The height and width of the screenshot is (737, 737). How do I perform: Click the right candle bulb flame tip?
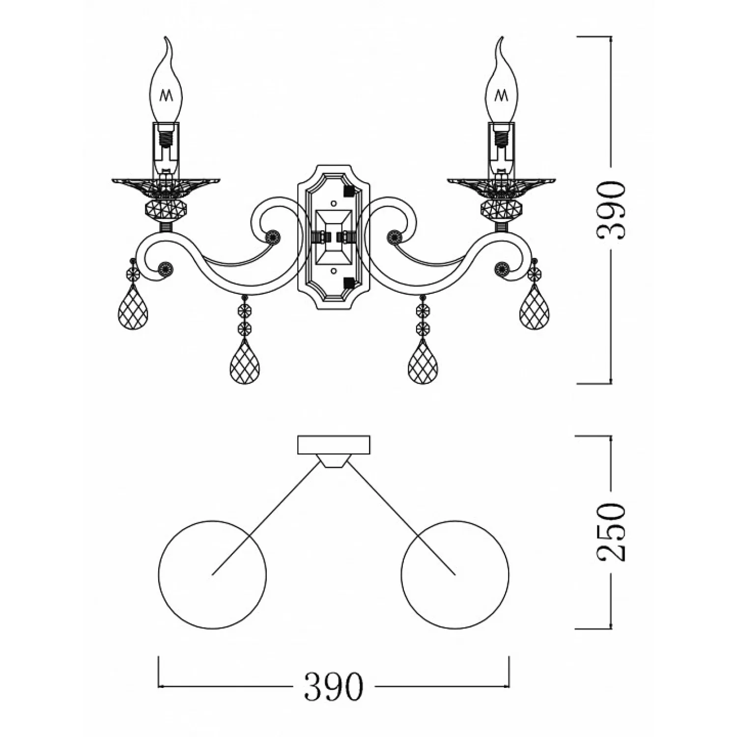[503, 37]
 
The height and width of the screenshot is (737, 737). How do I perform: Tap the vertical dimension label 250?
[611, 532]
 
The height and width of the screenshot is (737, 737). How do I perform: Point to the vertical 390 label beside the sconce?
[611, 210]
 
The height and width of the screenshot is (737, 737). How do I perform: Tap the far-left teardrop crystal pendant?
[133, 308]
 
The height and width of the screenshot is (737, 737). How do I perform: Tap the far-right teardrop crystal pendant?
[535, 308]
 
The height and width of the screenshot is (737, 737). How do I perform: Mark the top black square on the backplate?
[349, 189]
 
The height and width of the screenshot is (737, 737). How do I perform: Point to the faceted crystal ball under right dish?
[502, 210]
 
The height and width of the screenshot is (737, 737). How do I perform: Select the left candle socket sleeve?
[167, 150]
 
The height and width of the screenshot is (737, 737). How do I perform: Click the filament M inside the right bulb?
[502, 94]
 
